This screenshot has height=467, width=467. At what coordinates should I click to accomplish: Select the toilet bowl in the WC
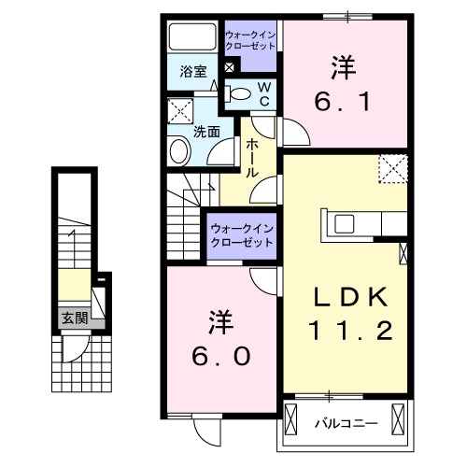241,93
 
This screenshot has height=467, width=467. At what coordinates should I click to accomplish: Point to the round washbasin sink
177,152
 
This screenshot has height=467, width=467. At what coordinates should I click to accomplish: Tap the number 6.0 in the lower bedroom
221,357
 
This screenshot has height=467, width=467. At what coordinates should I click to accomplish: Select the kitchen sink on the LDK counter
343,223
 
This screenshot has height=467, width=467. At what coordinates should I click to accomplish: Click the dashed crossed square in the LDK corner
393,169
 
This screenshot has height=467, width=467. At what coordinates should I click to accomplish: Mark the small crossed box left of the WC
231,67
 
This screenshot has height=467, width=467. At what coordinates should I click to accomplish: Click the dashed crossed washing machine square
181,113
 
